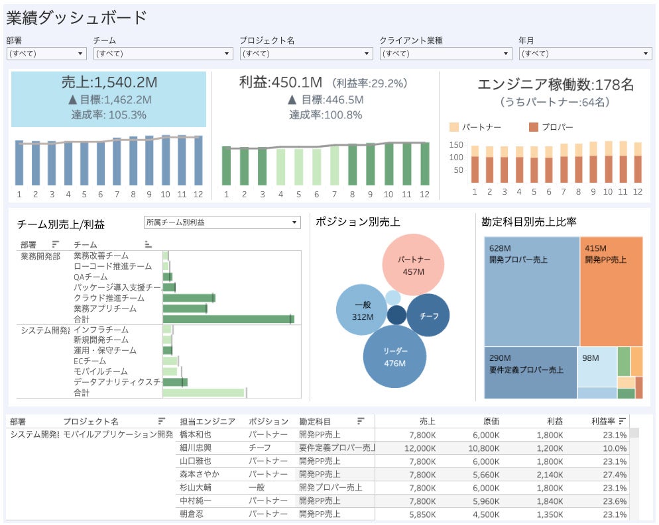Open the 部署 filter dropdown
pos(46,54)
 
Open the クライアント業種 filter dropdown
pos(445,54)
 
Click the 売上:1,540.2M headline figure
pos(109,83)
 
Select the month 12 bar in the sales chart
pos(198,161)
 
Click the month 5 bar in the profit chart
pos(298,167)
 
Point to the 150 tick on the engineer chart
pos(455,144)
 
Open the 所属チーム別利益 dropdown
pos(222,222)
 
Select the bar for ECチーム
pos(170,361)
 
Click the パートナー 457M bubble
pos(414,264)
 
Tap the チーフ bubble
pos(429,316)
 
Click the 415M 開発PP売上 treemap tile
pos(611,291)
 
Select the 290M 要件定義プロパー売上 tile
pos(530,372)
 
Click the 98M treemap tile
pos(596,366)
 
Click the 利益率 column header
pos(603,421)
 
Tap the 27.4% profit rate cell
pos(612,475)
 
